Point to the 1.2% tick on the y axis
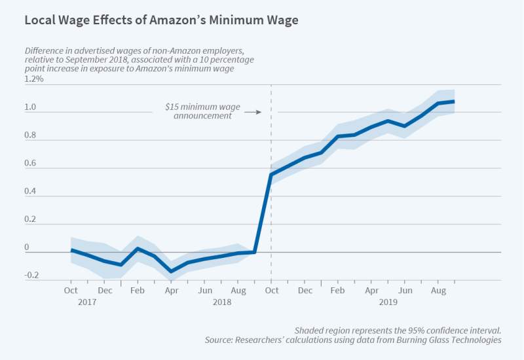[34, 79]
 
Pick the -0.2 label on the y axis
[33, 276]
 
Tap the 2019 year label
[388, 302]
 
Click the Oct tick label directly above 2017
[71, 291]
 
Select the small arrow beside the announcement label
[253, 112]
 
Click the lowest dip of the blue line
[172, 271]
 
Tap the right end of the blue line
[454, 101]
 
